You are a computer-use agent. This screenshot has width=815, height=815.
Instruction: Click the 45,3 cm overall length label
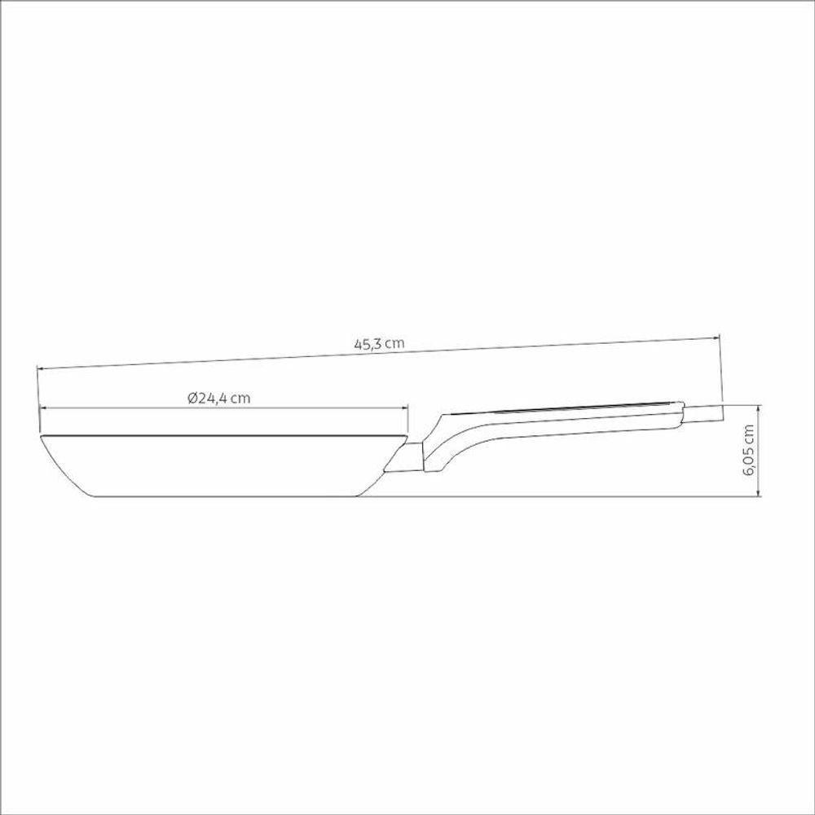[x=379, y=343]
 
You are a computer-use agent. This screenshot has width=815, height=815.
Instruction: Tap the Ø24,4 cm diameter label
[x=218, y=398]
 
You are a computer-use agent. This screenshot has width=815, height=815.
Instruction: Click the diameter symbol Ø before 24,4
[x=192, y=398]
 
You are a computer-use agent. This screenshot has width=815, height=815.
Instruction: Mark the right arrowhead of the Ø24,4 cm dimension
[x=407, y=408]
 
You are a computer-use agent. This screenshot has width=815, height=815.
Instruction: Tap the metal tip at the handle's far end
[x=703, y=413]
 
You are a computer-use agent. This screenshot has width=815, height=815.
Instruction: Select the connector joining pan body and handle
[x=405, y=459]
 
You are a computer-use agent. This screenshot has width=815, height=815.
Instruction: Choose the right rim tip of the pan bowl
[x=408, y=439]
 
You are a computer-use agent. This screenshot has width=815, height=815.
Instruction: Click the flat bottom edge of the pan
[x=228, y=495]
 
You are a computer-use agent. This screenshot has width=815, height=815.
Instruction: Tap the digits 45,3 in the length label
[x=368, y=343]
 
